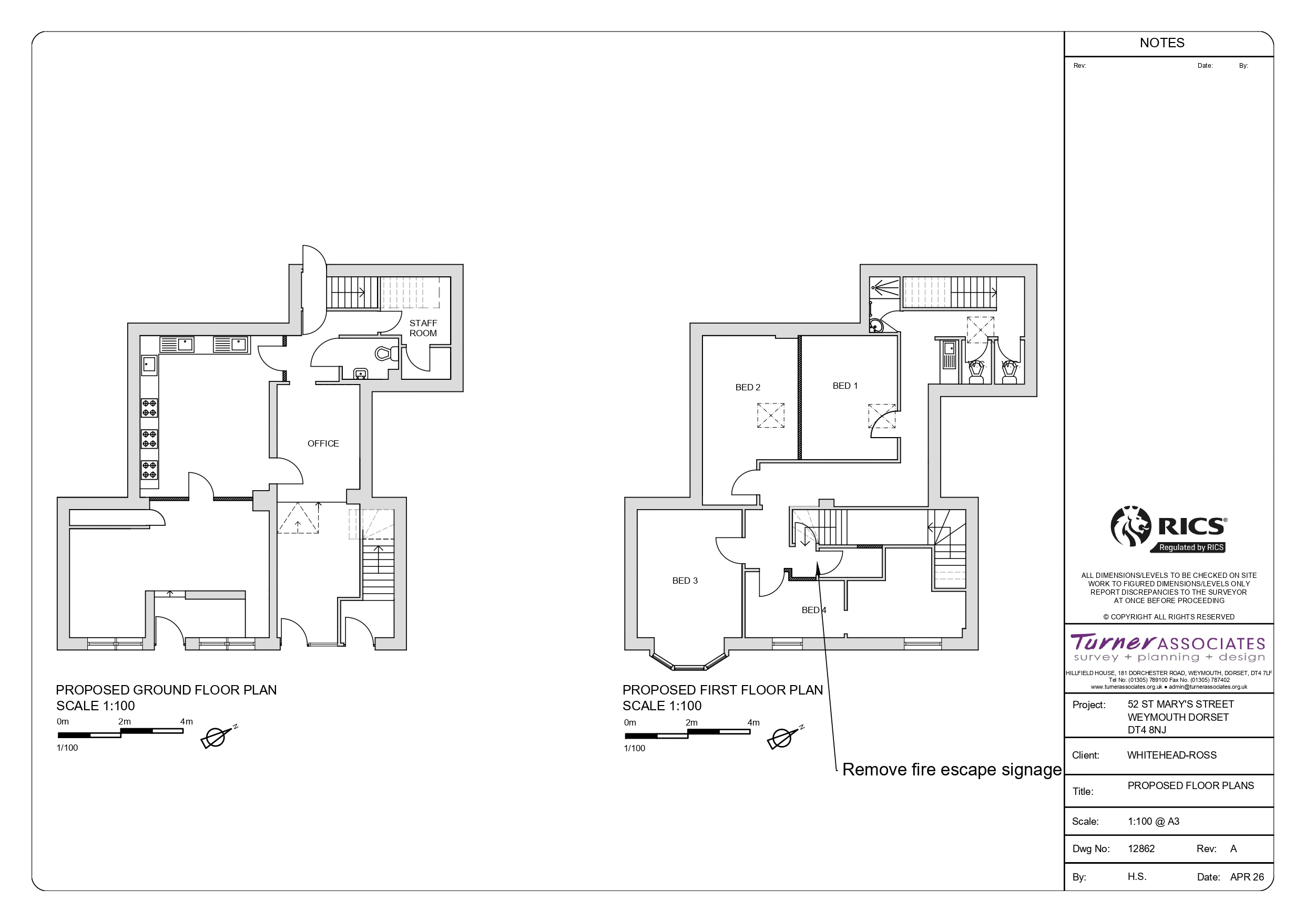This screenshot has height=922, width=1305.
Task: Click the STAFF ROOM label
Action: pos(423,328)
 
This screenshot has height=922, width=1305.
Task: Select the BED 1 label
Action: pos(845,386)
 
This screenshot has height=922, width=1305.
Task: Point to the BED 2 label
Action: pos(748,387)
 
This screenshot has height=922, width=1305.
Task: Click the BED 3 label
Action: pos(685,581)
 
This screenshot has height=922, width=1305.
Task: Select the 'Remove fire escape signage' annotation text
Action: pos(952,770)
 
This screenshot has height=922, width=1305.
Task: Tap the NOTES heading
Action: pos(1163,43)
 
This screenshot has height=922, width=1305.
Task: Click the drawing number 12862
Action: pos(1141,849)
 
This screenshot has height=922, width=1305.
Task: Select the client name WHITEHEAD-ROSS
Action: pos(1172,755)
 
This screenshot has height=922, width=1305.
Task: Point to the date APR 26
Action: pos(1247,877)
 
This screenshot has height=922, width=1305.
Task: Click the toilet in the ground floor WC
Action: pos(387,354)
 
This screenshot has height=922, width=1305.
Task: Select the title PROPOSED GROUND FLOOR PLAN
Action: pos(167,690)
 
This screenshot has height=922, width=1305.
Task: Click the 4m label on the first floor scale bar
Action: pos(753,722)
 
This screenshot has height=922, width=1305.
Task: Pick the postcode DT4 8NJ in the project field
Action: pos(1147,730)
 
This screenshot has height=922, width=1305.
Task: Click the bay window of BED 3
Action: pos(689,661)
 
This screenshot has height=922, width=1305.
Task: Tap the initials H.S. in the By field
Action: pos(1137,876)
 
